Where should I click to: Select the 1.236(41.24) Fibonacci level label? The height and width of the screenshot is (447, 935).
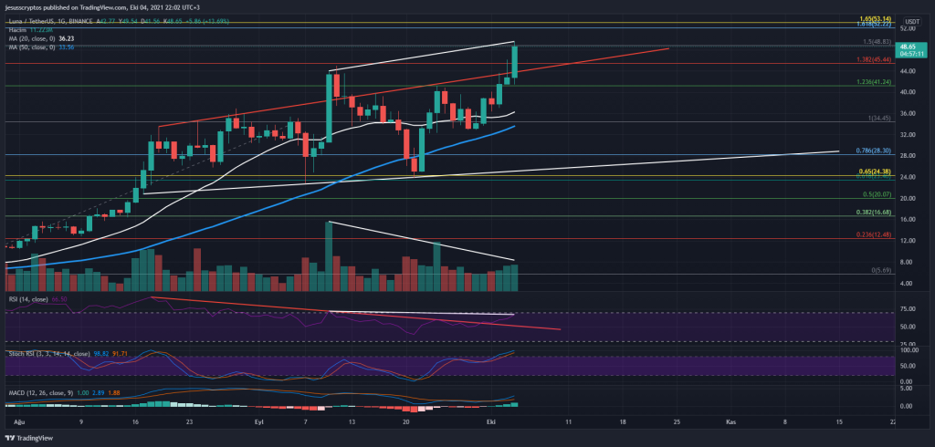[x=872, y=83]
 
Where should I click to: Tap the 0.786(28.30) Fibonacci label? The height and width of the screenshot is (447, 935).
[x=874, y=151]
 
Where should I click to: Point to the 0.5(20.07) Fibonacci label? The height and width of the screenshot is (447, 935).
[x=877, y=194]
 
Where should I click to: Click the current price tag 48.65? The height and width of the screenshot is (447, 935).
[x=908, y=47]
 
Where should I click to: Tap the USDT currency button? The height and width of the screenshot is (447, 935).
[x=911, y=21]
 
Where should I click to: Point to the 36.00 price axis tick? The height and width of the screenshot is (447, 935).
[x=907, y=113]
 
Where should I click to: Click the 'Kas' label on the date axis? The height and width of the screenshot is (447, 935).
[x=730, y=422]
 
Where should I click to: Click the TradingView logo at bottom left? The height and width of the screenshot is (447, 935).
[x=31, y=437]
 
